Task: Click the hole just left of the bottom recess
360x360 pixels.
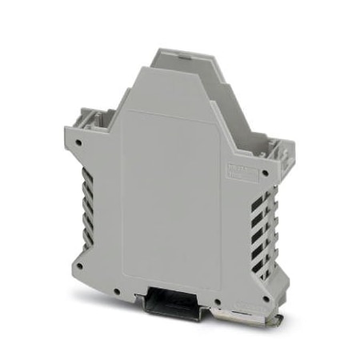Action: click(x=117, y=289)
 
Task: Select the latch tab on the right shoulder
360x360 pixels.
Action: click(x=276, y=149)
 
